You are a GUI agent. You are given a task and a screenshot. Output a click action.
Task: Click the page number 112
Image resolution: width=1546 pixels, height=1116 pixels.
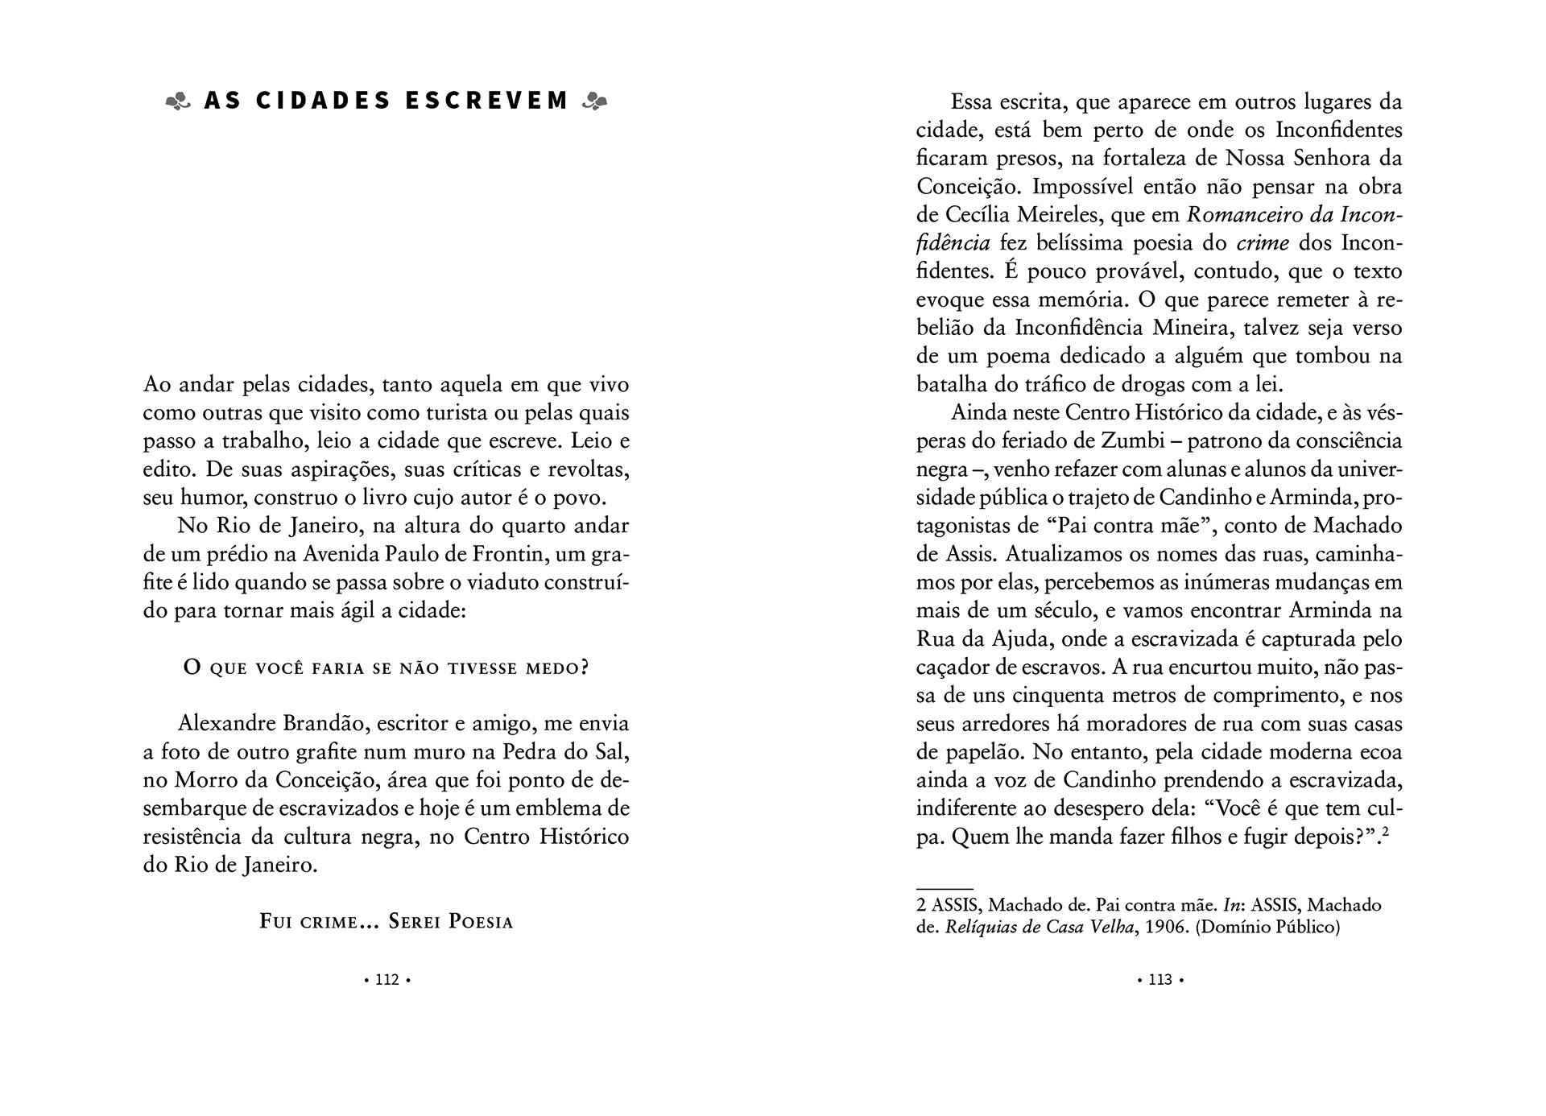387,980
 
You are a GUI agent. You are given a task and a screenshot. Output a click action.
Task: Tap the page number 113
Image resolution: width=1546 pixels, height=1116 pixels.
1160,980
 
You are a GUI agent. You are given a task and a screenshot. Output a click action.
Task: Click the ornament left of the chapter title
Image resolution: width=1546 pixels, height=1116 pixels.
178,101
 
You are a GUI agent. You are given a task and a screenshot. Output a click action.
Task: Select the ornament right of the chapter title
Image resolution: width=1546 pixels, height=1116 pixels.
594,101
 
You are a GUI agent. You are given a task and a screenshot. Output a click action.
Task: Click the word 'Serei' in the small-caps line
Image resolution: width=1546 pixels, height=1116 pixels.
413,921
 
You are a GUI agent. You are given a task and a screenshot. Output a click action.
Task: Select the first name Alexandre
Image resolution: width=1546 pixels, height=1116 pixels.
227,723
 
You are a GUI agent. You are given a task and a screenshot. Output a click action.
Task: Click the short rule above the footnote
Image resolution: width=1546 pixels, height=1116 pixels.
945,888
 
